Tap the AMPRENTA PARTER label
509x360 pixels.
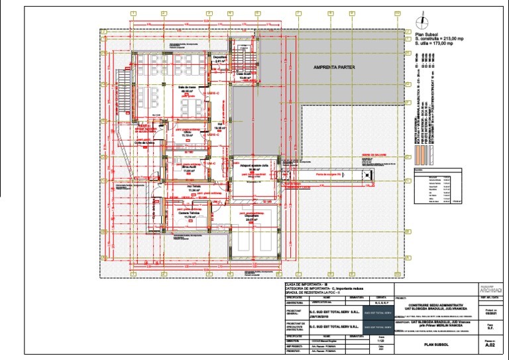335,68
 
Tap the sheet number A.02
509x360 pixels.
490,345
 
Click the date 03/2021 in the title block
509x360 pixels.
490,312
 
